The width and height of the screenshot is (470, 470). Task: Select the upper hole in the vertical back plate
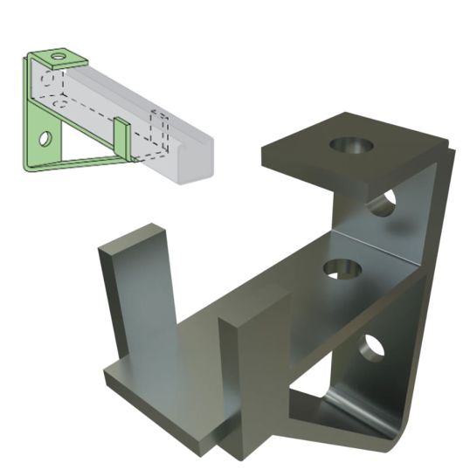(x=382, y=203)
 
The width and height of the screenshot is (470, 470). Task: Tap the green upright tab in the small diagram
(x=122, y=139)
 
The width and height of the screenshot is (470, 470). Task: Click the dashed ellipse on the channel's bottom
(x=59, y=103)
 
